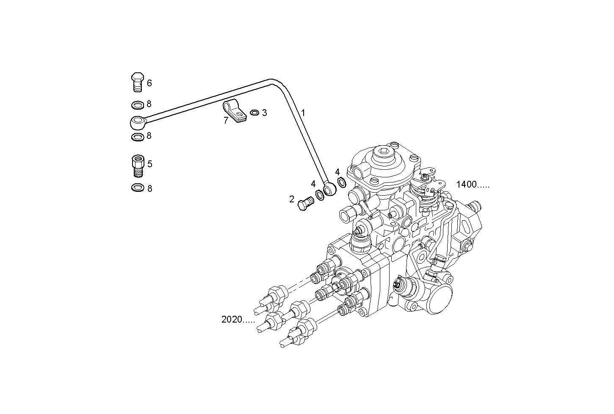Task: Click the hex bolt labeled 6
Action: tap(137, 82)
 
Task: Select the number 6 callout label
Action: tap(149, 83)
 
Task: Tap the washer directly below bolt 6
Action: tap(137, 104)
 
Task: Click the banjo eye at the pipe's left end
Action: tap(138, 123)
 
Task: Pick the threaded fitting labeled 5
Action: tap(137, 166)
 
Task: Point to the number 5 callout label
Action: tap(149, 164)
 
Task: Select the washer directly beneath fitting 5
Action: tap(137, 188)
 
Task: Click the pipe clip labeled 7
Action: tap(235, 111)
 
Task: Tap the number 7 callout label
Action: tap(226, 121)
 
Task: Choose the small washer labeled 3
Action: tap(254, 113)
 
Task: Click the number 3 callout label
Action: tap(264, 113)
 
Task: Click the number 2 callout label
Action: tap(292, 199)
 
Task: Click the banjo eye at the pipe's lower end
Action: tap(329, 189)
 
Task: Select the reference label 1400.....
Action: tap(472, 185)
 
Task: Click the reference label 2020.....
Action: tap(238, 320)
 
